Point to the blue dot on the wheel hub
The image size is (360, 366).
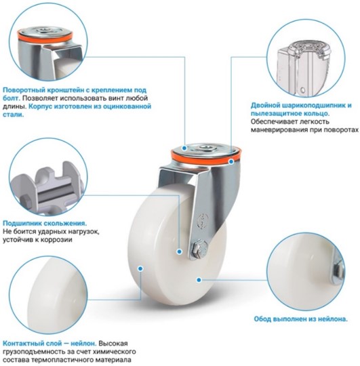point(179,251)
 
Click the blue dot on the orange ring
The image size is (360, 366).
point(231,161)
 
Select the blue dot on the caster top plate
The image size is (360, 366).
point(184,148)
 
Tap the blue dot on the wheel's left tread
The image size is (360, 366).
point(140,268)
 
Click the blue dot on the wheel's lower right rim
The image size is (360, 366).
point(199,280)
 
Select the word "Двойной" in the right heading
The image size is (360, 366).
point(265,106)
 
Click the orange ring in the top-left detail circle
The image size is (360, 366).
point(45,38)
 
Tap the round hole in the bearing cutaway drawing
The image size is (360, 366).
point(303,89)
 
